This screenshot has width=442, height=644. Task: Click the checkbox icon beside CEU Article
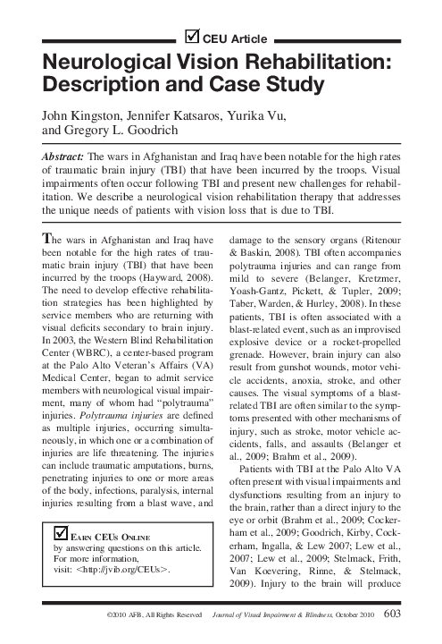coord(192,37)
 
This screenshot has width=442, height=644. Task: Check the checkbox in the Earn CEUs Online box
coord(61,532)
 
